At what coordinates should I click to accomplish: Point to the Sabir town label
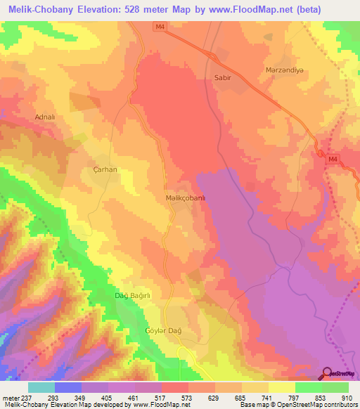click(222, 79)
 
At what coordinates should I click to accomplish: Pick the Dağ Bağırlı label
click(134, 295)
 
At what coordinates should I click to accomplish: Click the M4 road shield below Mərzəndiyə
click(333, 161)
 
